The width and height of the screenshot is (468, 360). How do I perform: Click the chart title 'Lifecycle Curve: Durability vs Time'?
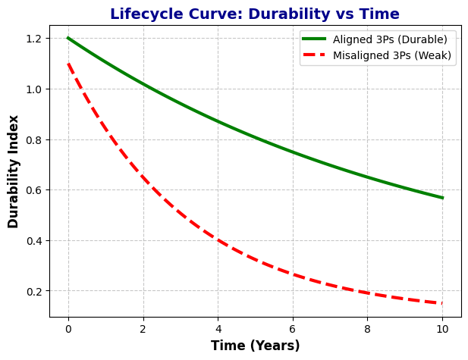[x=255, y=14]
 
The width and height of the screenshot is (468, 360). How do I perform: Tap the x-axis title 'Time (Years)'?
[x=255, y=346]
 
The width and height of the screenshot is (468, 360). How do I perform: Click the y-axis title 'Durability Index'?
[x=14, y=171]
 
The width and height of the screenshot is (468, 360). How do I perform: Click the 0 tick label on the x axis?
[x=68, y=329]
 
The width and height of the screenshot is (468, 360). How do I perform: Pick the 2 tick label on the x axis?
[x=143, y=329]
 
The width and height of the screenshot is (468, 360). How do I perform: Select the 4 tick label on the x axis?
[x=218, y=329]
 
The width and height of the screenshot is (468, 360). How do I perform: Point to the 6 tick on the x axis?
[x=293, y=329]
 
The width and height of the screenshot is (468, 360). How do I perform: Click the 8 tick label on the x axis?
[x=368, y=329]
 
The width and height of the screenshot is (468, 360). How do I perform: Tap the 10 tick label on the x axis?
[x=442, y=329]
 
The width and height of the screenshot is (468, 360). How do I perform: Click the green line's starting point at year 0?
[x=68, y=38]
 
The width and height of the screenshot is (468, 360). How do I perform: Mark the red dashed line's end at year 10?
[x=442, y=303]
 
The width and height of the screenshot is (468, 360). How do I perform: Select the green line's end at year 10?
[x=442, y=198]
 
